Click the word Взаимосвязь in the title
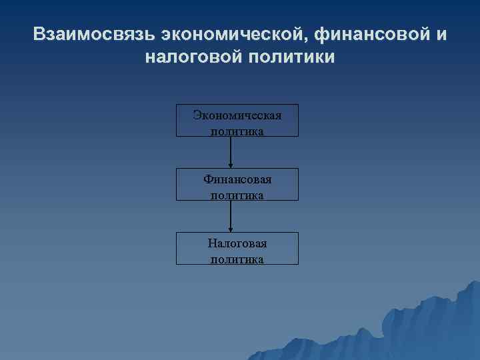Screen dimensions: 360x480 [93, 34]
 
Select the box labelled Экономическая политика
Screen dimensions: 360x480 [237, 120]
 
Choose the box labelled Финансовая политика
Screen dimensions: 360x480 [237, 184]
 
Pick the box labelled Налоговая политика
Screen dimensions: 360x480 [237, 248]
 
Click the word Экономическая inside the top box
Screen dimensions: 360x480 [237, 115]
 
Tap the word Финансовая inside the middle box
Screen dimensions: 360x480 [237, 179]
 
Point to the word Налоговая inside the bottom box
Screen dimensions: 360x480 [237, 243]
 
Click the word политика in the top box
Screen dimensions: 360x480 [237, 131]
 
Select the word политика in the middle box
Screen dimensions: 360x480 [237, 195]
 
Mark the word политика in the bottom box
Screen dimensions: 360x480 [237, 259]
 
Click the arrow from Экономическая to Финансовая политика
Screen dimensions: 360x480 [231, 151]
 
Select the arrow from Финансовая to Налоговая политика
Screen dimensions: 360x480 [231, 215]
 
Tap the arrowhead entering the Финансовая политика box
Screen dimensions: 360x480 [231, 165]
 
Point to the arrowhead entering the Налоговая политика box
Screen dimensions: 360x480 [231, 229]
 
